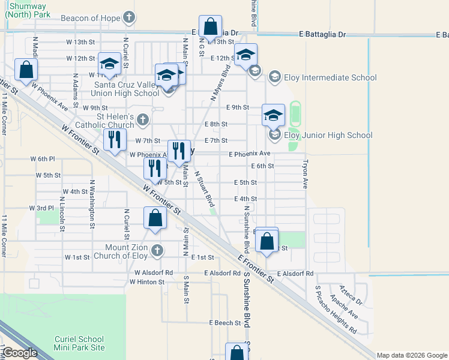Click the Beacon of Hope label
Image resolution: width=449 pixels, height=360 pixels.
[x=91, y=18]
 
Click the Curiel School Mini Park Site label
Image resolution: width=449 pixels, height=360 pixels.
[x=79, y=343]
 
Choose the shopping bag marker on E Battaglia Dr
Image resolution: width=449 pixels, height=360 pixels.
[x=210, y=27]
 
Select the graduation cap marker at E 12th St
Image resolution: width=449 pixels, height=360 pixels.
[x=246, y=55]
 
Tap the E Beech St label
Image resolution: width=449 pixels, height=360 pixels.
[x=225, y=323]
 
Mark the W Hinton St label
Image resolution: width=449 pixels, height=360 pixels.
[x=146, y=281]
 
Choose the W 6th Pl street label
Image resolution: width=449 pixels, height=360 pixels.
[x=42, y=159]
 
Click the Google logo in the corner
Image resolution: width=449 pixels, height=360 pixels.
[x=20, y=353]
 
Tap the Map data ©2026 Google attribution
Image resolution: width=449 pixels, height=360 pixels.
[x=411, y=355]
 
